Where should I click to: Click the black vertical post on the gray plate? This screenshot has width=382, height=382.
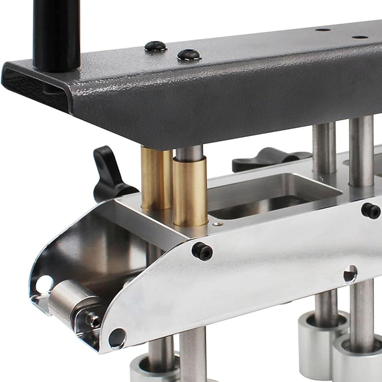(57, 34)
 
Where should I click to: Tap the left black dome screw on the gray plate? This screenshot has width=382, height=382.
(155, 46)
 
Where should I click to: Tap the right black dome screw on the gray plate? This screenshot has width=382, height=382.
(189, 55)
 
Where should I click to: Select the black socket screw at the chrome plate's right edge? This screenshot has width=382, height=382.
(371, 211)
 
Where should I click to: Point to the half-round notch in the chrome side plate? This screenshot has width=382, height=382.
(350, 274)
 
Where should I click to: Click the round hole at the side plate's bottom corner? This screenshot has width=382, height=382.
(117, 338)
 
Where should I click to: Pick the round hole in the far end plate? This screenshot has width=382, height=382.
(44, 284)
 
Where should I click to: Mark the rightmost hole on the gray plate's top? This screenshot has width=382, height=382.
(360, 37)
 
